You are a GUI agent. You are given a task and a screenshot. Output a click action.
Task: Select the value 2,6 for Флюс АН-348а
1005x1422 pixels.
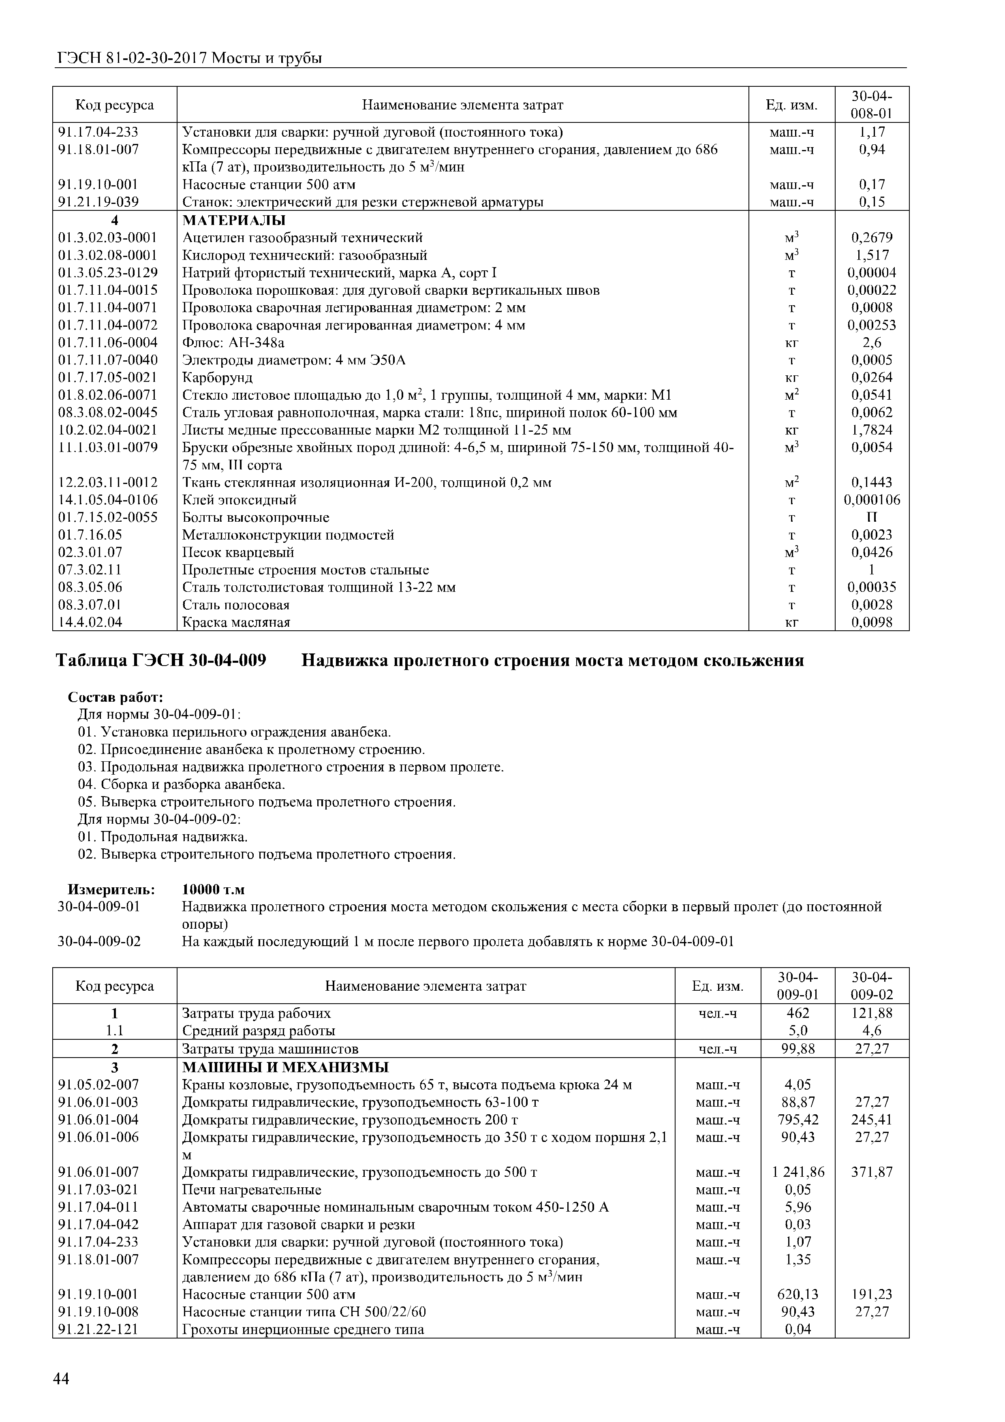click(871, 343)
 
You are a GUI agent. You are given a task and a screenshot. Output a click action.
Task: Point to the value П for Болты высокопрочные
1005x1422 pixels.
click(871, 517)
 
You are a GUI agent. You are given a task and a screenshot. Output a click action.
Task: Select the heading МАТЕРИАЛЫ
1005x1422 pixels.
click(234, 221)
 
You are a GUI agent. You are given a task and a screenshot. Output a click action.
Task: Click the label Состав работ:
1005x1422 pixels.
click(115, 697)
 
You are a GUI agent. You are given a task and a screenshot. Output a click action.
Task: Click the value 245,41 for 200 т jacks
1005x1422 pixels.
click(871, 1120)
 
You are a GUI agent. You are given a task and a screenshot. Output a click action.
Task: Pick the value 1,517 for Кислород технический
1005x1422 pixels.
click(871, 255)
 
